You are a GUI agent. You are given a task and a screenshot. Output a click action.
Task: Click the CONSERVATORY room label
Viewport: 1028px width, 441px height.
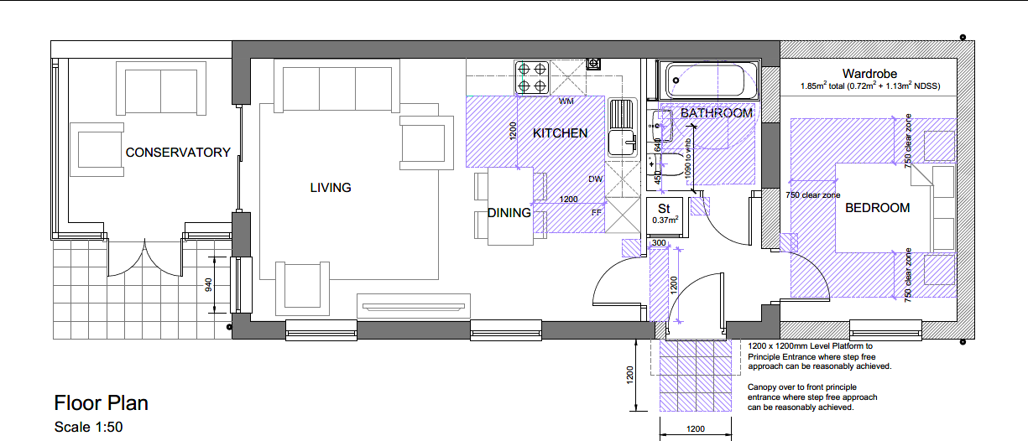tap(178, 153)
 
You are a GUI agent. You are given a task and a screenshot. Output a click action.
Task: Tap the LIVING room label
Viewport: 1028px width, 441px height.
tap(331, 188)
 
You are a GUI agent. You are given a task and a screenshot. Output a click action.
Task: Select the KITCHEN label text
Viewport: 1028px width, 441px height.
tap(560, 133)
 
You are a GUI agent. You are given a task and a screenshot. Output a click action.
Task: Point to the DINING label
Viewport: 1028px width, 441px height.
tap(509, 213)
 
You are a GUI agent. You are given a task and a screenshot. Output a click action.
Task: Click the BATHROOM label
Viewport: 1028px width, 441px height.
tap(716, 113)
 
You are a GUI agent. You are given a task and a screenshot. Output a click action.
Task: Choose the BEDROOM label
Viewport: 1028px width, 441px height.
tap(877, 208)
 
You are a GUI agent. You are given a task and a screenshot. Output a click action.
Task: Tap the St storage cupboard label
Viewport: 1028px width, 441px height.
tap(663, 208)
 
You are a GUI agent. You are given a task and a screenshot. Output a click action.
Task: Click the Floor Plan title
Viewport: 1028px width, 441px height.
tap(101, 403)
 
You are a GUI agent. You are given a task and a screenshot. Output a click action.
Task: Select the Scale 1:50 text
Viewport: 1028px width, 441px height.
tap(88, 427)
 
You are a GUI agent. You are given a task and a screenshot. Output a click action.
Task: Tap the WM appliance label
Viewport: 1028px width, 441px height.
tap(566, 101)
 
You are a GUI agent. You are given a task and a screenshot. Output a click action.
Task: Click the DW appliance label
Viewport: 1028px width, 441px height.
tap(595, 179)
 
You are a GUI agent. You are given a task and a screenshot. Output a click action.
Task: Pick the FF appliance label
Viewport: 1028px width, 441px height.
tap(597, 212)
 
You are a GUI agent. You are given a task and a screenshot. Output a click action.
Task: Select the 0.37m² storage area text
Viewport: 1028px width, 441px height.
tap(666, 220)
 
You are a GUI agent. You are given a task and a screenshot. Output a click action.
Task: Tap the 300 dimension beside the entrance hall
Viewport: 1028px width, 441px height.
tap(660, 243)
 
